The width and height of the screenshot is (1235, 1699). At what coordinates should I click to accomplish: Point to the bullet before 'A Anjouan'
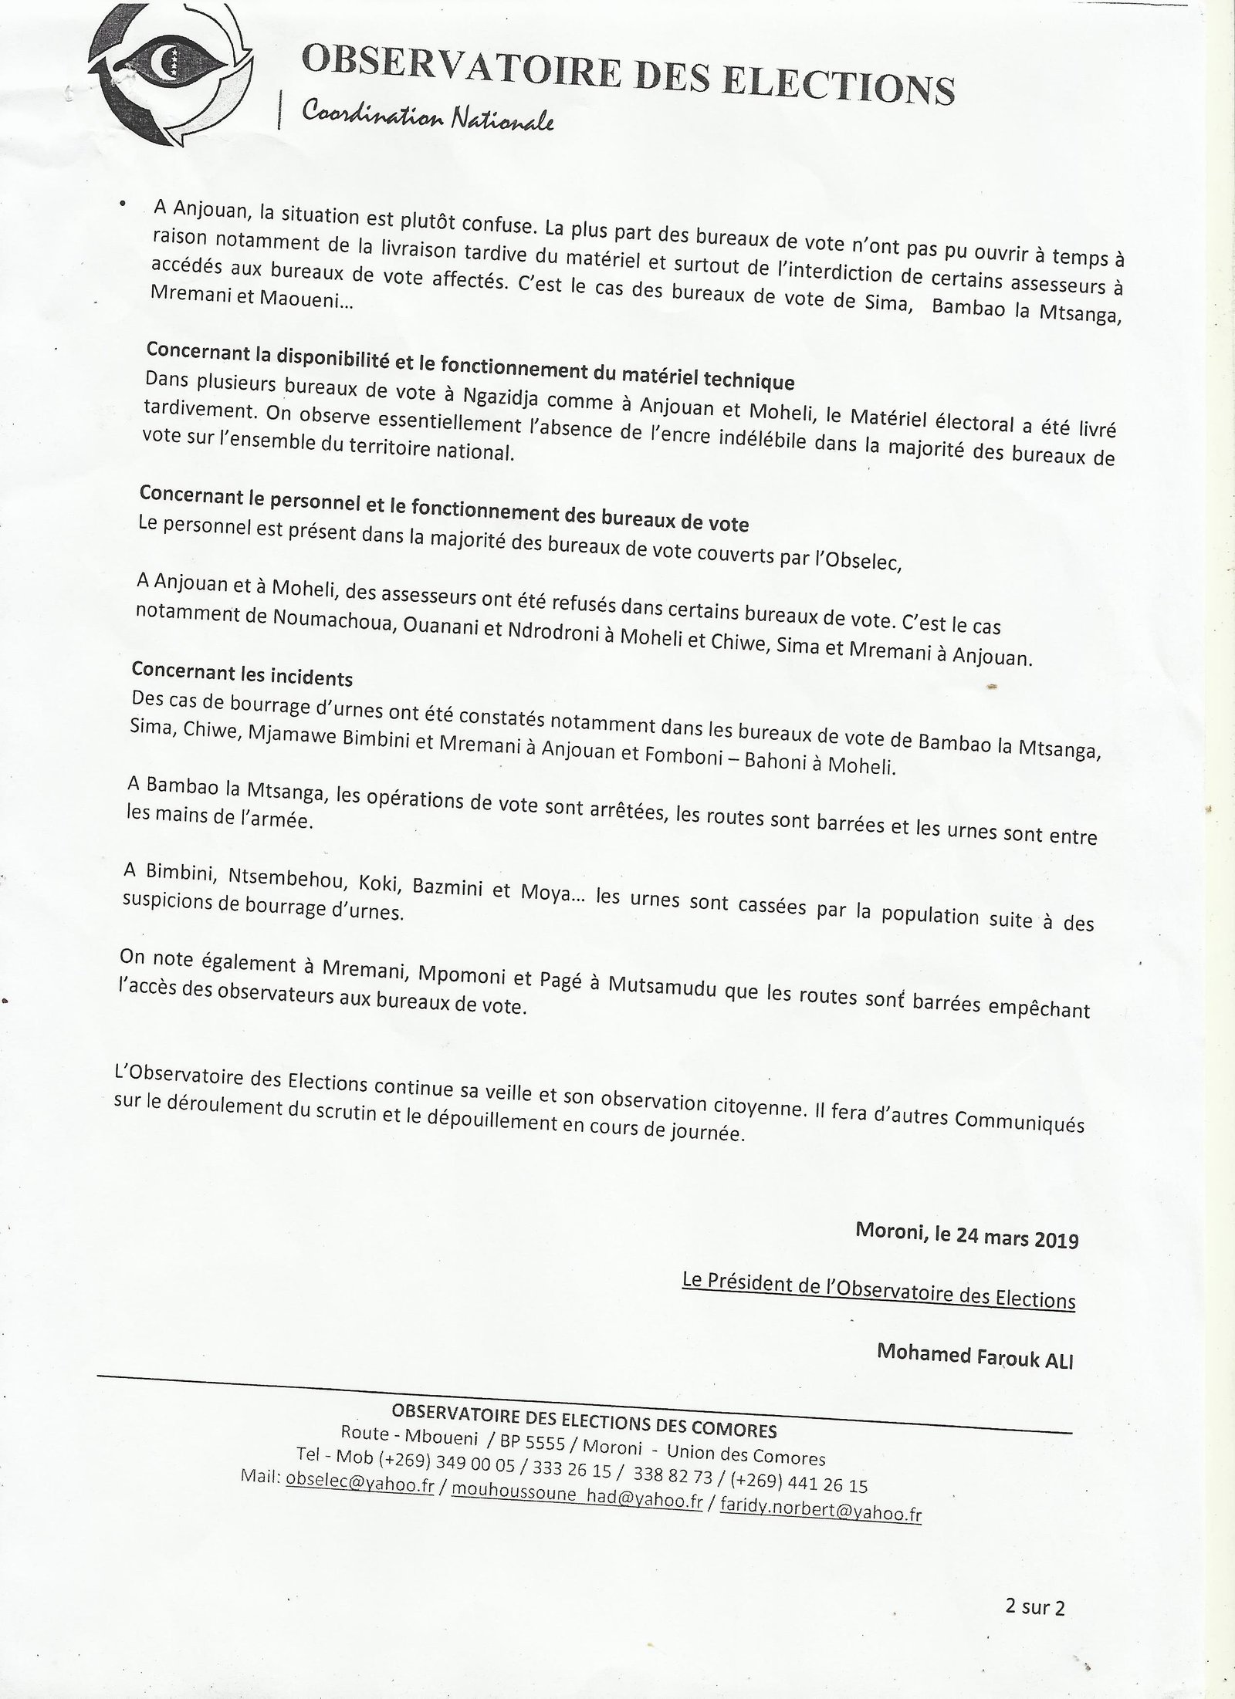(122, 202)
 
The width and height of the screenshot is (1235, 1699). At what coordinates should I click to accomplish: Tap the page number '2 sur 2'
(1035, 1605)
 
